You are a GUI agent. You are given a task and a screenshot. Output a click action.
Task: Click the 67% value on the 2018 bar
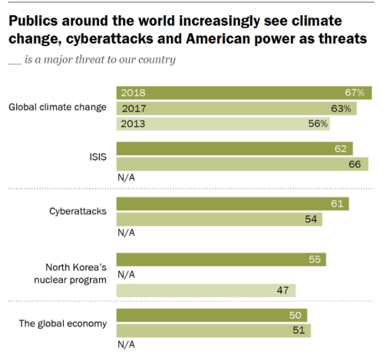(x=355, y=93)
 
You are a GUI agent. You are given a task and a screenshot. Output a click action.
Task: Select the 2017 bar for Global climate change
(x=236, y=108)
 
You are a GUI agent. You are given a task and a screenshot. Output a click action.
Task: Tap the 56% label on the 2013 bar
(x=318, y=124)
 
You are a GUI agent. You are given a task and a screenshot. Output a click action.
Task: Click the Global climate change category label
(x=57, y=107)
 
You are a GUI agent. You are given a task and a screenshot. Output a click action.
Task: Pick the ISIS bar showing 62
(x=234, y=148)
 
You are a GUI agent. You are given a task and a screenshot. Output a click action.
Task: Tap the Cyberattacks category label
(x=78, y=211)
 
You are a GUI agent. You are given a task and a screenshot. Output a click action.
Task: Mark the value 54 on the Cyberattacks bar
(x=311, y=219)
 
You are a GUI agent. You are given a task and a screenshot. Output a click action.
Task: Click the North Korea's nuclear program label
(x=75, y=274)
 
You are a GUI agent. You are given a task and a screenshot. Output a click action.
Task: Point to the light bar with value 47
(x=205, y=290)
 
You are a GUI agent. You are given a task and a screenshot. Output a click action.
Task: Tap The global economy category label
(x=62, y=323)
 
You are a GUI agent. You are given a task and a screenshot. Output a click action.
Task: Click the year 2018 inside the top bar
(x=133, y=93)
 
